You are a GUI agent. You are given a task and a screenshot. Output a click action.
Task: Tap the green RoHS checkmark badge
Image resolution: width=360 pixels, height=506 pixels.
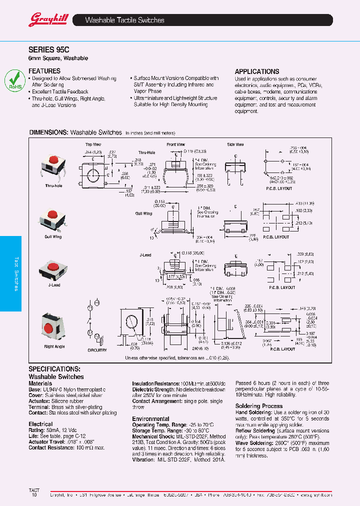click(14, 80)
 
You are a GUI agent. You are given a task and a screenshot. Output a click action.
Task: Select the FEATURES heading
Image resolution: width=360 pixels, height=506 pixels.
click(44, 71)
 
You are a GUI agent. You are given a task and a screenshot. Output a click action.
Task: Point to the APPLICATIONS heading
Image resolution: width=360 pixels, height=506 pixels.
click(257, 71)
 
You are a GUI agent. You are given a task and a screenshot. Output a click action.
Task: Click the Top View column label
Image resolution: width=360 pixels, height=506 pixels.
click(93, 144)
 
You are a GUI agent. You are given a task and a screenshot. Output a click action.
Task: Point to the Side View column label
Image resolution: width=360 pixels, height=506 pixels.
click(235, 144)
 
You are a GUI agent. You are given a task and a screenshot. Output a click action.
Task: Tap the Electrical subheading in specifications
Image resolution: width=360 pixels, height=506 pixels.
click(40, 423)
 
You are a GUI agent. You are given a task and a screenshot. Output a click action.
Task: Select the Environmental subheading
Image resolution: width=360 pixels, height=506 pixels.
click(150, 418)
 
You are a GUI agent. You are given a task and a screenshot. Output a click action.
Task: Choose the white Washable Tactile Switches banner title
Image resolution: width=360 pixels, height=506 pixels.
click(124, 20)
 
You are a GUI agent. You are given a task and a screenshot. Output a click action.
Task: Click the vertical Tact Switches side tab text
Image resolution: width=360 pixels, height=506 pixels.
click(16, 273)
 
